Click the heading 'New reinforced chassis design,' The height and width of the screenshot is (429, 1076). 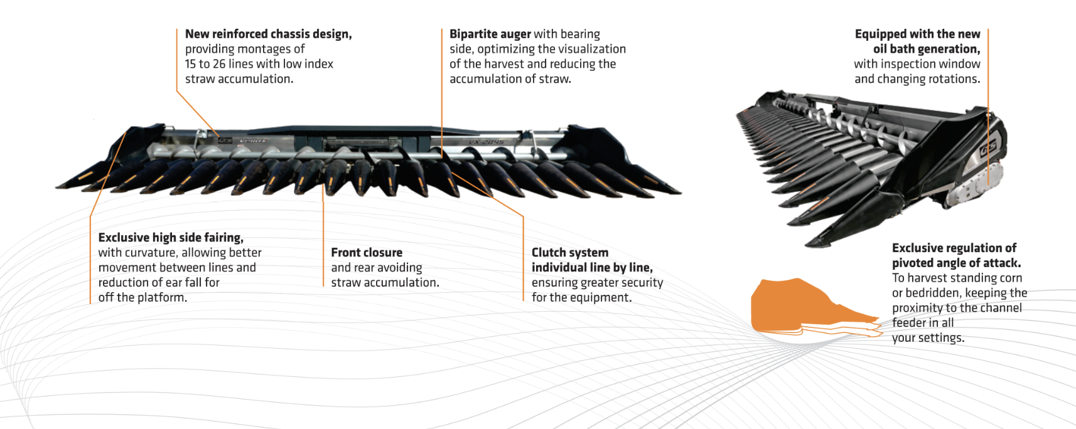(269, 34)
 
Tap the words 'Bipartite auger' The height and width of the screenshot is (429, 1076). (490, 34)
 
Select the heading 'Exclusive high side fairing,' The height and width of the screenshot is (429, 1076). (171, 238)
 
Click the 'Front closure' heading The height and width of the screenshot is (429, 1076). (367, 252)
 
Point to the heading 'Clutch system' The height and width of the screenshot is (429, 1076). (570, 252)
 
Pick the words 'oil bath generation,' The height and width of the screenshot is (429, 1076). (927, 49)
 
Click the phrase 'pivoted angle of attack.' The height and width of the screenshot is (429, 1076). (956, 263)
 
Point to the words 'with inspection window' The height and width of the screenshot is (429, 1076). (917, 64)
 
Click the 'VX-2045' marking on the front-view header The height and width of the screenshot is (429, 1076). (486, 142)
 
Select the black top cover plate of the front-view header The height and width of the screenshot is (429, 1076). (365, 130)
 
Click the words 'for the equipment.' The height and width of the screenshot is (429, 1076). (581, 297)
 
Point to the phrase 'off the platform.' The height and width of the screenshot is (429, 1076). (143, 297)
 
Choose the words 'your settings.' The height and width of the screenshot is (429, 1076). (928, 338)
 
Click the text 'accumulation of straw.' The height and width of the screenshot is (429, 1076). (510, 78)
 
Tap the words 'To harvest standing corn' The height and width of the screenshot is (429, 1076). (957, 278)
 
